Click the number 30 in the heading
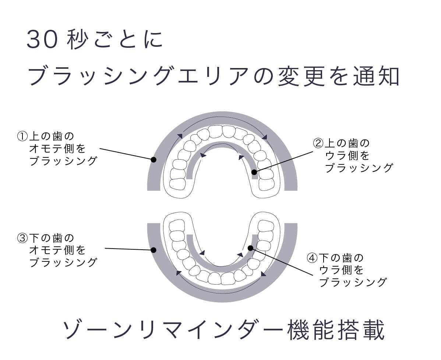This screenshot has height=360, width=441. coord(42,40)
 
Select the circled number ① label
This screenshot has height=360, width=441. coord(22,136)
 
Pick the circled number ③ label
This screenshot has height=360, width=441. coord(22,238)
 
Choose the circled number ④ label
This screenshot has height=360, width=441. coord(312,258)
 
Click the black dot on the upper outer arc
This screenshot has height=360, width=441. coord(154,160)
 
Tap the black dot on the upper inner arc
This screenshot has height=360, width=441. coord(254,171)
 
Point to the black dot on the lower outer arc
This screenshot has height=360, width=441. coord(154,250)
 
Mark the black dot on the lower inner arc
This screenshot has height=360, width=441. coord(250,248)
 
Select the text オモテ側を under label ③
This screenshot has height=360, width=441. coord(57,250)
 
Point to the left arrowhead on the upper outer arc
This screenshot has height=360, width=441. coord(180,136)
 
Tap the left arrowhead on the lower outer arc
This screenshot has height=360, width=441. coord(178,273)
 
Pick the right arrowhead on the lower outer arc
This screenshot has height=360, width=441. coord(264,274)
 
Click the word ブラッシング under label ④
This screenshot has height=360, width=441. coord(352,282)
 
